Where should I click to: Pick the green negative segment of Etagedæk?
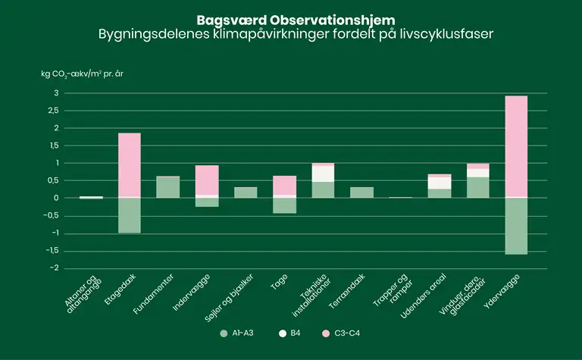[x=130, y=215]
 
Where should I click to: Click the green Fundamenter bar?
[x=168, y=187]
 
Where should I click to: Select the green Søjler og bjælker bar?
[x=246, y=193]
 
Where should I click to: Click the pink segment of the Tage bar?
[x=284, y=185]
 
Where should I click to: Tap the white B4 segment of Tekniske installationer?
[x=323, y=174]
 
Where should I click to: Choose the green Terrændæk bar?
[x=361, y=193]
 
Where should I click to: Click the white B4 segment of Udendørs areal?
[x=439, y=183]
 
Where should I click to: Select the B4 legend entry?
[x=292, y=333]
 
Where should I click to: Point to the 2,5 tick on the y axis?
[x=52, y=111]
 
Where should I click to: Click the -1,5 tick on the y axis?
[x=50, y=251]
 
